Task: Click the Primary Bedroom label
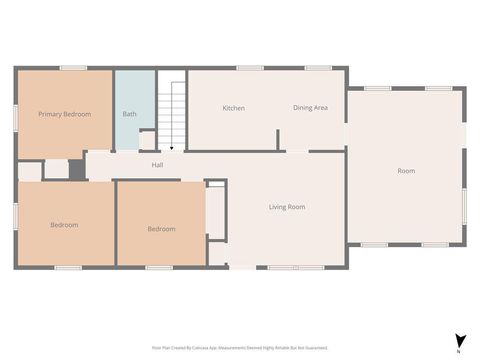click(64, 114)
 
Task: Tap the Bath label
click(130, 114)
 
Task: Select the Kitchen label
click(234, 108)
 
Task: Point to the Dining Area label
click(310, 108)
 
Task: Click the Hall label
click(157, 165)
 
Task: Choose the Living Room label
click(287, 207)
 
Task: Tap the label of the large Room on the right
click(406, 171)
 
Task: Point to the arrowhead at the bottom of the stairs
click(172, 148)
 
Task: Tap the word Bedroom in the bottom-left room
click(64, 225)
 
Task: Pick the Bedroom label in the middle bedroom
click(161, 229)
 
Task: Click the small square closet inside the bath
click(148, 140)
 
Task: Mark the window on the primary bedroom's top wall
click(73, 68)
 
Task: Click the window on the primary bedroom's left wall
click(15, 114)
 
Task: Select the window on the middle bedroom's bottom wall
click(159, 267)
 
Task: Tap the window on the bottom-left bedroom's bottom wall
click(67, 267)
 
